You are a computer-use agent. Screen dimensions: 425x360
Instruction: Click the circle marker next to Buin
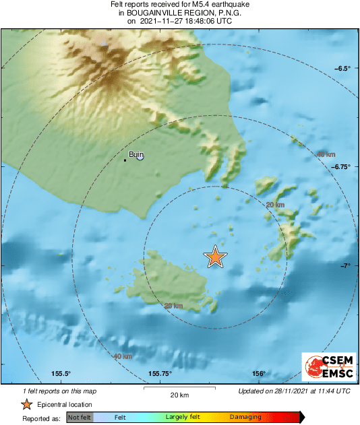tap(140, 156)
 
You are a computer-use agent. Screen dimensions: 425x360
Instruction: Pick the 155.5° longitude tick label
tap(61, 374)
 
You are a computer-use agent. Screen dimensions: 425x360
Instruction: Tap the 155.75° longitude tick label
tap(160, 374)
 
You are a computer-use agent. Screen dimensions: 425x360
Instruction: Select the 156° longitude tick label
tap(259, 374)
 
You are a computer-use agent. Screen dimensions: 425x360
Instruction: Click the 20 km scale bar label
tap(179, 394)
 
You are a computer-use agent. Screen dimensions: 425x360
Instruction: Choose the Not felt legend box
tap(80, 418)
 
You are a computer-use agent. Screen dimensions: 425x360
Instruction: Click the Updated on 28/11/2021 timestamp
tap(294, 391)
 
